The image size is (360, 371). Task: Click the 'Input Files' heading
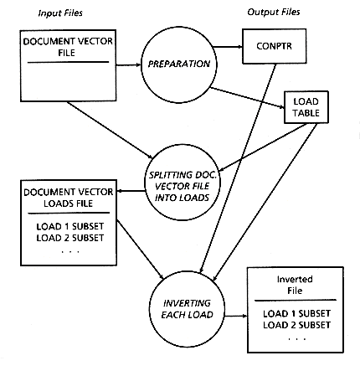coord(60,13)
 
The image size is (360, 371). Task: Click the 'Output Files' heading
coord(274,12)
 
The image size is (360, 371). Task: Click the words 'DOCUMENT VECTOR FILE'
coord(68,47)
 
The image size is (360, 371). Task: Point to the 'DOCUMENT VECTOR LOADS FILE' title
coord(69,198)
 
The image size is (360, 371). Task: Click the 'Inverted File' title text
coord(295,285)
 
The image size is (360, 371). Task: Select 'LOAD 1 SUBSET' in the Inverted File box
coord(296,313)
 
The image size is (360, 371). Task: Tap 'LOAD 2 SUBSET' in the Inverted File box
coord(296,325)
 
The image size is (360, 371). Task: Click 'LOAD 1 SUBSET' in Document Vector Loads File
coord(70,226)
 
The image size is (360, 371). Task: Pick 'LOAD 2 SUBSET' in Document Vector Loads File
coord(70,238)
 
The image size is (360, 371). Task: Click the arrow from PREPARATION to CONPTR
coord(229,47)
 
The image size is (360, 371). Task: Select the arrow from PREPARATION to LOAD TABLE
coord(247,98)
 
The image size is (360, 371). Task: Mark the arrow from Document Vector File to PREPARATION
coord(129,65)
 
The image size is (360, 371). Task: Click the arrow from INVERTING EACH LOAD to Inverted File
coord(236,316)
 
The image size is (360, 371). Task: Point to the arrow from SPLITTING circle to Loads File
coord(131,191)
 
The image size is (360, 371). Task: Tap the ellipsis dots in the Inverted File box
coord(297,339)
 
